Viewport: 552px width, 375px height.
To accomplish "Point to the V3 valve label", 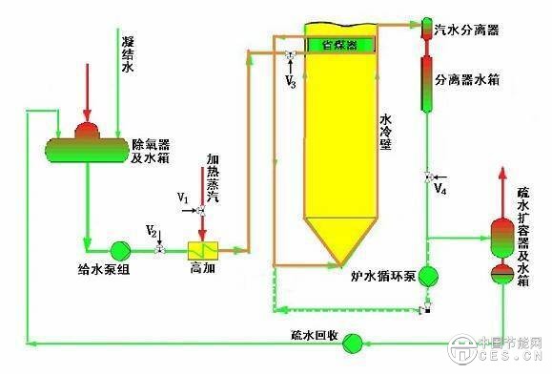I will [x=291, y=84].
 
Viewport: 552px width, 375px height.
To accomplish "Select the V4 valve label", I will [x=439, y=189].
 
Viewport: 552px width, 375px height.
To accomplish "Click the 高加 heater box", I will [x=204, y=250].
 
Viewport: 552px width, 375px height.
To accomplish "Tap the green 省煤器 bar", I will [x=340, y=44].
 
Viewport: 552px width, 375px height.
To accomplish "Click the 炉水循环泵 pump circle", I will [x=428, y=275].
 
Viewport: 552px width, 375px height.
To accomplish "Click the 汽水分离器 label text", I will [x=467, y=30].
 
